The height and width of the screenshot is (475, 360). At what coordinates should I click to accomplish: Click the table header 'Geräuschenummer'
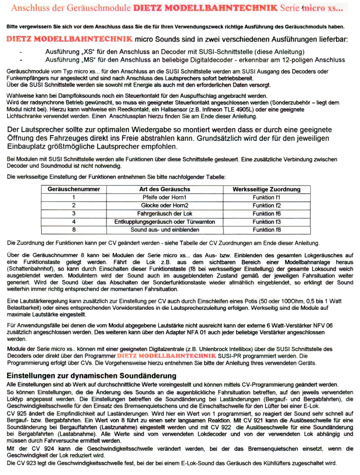click(x=73, y=189)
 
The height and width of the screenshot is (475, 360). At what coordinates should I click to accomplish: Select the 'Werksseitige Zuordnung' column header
click(x=266, y=189)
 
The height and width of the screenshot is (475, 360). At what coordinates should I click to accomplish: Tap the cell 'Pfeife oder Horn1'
click(x=165, y=197)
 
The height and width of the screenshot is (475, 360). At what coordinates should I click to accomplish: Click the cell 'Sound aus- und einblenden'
click(x=165, y=230)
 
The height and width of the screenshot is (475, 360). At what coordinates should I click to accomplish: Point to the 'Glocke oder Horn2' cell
click(x=165, y=205)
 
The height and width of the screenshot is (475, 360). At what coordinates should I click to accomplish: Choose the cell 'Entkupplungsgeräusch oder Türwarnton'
click(x=165, y=222)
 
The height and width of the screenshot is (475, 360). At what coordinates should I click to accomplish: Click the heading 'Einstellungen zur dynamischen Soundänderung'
click(x=91, y=376)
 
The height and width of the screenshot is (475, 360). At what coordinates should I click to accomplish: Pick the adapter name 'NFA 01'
click(x=197, y=332)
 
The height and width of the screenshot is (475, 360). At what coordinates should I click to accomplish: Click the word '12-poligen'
click(x=290, y=60)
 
